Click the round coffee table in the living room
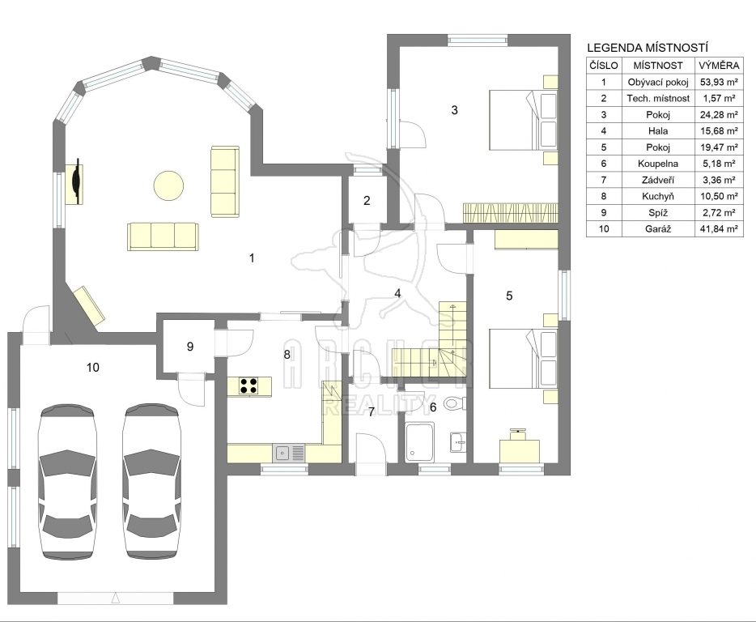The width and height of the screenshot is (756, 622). point(168,185)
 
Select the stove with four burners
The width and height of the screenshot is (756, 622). point(249,385)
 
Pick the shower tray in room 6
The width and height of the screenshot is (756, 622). point(420,442)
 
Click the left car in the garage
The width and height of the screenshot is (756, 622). point(67,482)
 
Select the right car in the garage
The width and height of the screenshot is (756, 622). point(151,482)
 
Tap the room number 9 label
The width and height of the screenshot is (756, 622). point(190,347)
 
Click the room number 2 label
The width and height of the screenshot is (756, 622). point(367,201)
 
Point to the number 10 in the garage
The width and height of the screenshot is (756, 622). point(92,368)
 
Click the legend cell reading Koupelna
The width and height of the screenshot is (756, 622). point(657,164)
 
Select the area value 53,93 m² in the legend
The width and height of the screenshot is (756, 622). point(719,82)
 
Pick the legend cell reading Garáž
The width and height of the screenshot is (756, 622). point(657,228)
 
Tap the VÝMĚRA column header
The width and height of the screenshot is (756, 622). point(719,65)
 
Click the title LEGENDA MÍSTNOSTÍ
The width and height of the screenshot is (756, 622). point(647,48)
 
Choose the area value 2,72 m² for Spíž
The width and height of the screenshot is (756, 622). point(719,212)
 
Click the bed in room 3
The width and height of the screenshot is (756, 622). point(524,120)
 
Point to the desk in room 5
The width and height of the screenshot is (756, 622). point(520,450)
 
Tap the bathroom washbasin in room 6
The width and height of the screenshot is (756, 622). point(458,442)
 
